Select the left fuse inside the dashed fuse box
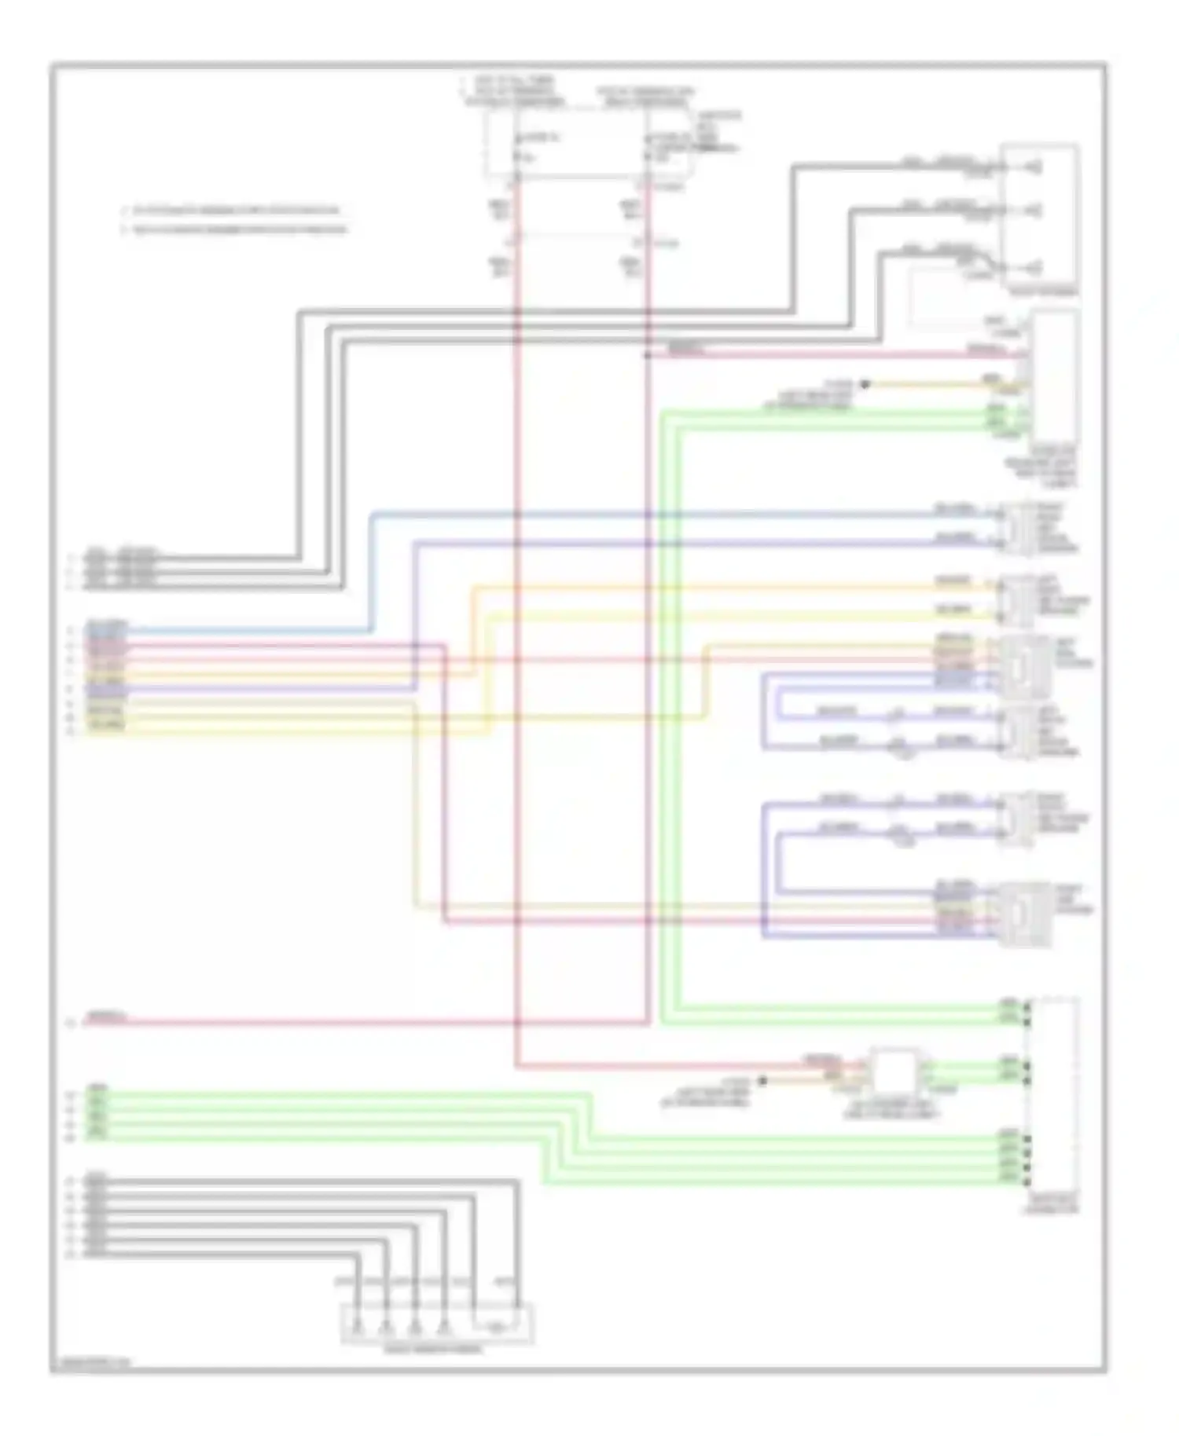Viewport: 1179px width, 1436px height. point(518,150)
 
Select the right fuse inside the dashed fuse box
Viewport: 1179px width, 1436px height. point(648,150)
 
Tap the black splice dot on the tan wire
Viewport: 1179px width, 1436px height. point(865,384)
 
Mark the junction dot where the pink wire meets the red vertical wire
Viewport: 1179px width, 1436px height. point(648,355)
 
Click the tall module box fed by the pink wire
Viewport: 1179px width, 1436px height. point(1055,377)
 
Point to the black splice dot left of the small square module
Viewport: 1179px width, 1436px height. point(762,1081)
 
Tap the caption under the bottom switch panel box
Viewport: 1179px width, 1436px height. point(434,1350)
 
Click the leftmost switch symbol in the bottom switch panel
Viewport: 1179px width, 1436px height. point(357,1328)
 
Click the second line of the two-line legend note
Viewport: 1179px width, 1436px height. point(235,229)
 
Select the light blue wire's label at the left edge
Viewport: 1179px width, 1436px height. point(106,626)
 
